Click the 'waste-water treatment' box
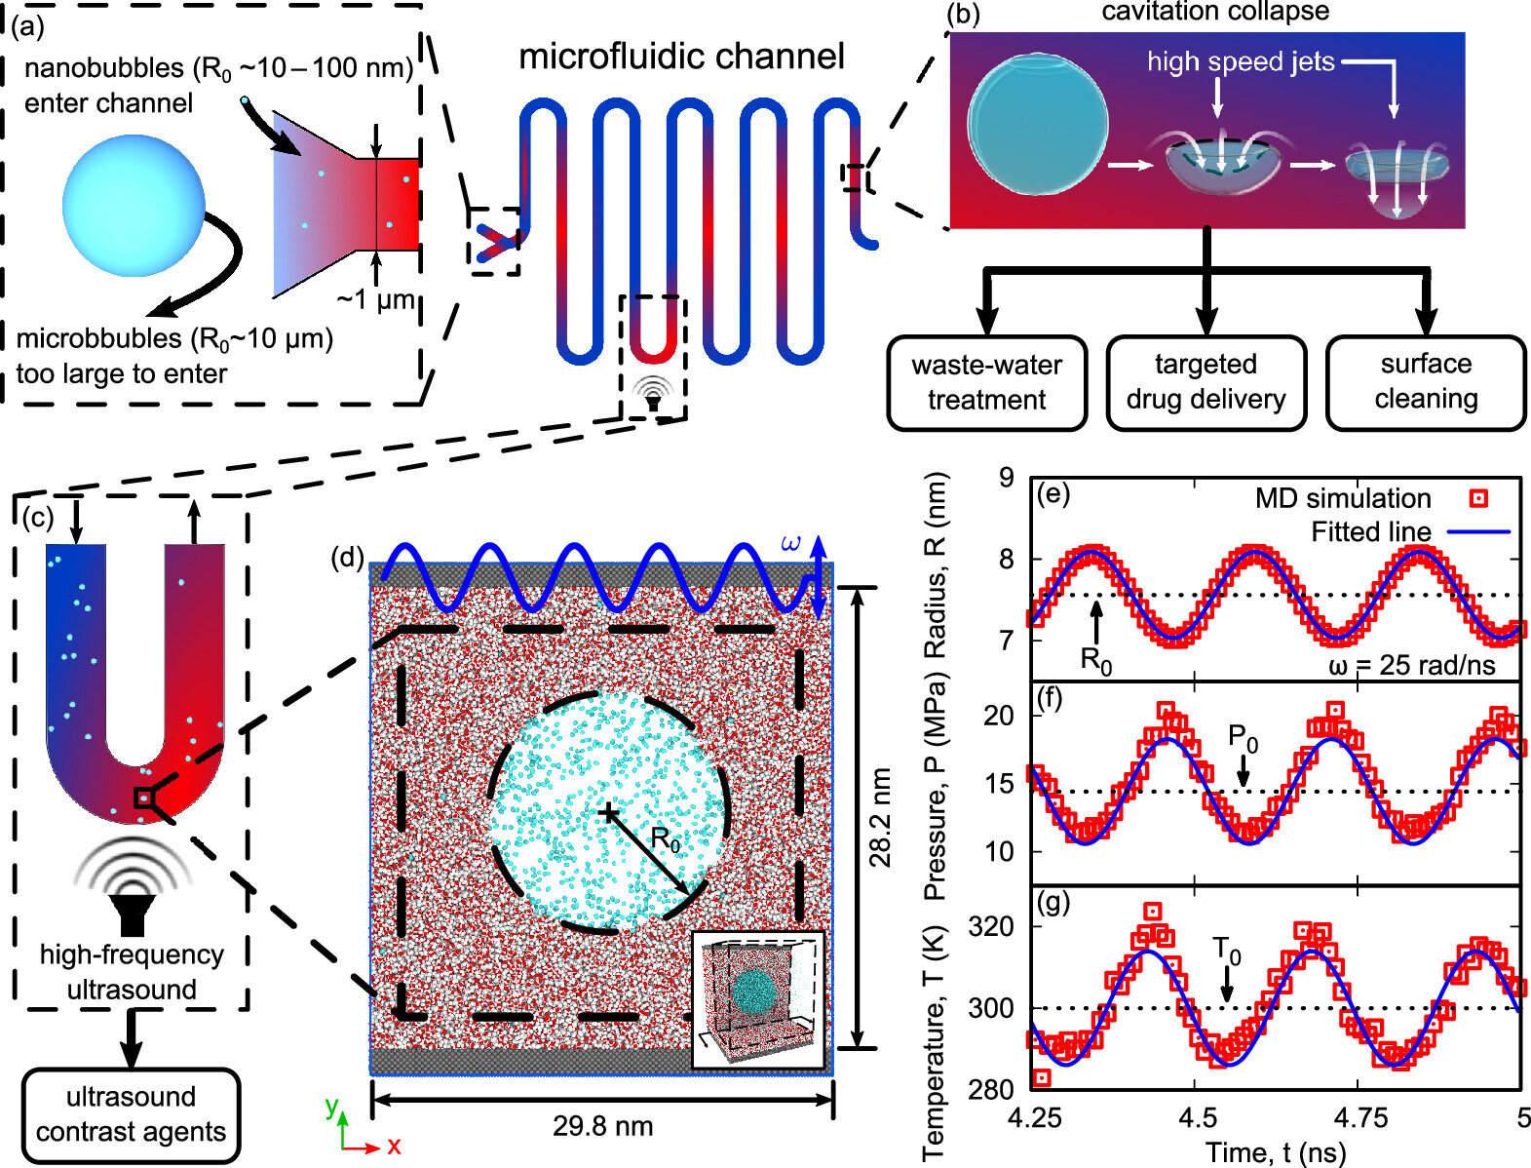coord(986,382)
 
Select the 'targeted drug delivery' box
coord(1206,381)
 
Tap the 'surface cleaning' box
coord(1426,381)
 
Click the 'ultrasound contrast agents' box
coord(131,1114)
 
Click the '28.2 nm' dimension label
coord(880,817)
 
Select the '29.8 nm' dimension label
coord(602,1126)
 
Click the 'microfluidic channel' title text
coord(681,57)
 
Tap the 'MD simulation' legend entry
coord(1342,498)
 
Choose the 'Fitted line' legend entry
coord(1370,532)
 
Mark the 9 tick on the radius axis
coord(1006,478)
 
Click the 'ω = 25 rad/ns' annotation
coord(1411,667)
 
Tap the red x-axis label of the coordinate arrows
coord(394,1147)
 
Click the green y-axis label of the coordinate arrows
coord(331,1106)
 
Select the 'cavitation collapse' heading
coord(1215,12)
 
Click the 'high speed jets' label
coord(1240,62)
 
